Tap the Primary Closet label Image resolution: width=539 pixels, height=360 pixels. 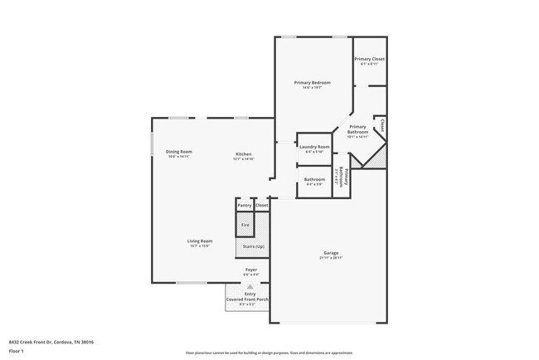(x=369, y=59)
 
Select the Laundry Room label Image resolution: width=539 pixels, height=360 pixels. (x=314, y=147)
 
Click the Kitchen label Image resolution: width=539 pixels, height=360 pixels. (x=243, y=154)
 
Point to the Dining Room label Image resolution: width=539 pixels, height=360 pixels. (x=179, y=151)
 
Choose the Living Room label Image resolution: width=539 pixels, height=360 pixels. (x=200, y=241)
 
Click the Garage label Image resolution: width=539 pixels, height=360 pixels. (x=331, y=253)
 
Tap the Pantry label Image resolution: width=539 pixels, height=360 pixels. (x=244, y=205)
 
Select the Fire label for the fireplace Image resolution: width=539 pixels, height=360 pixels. (x=245, y=225)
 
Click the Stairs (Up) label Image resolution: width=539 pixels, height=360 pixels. (x=254, y=246)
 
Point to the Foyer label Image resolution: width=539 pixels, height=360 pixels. (x=250, y=270)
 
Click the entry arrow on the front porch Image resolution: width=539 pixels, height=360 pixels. (x=250, y=285)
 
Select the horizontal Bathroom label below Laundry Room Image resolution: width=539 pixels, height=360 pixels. (x=314, y=179)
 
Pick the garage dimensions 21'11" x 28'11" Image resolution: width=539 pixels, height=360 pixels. (x=331, y=258)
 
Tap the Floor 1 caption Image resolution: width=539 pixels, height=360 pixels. (x=17, y=352)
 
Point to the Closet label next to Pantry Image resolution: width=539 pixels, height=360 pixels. (x=261, y=205)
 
